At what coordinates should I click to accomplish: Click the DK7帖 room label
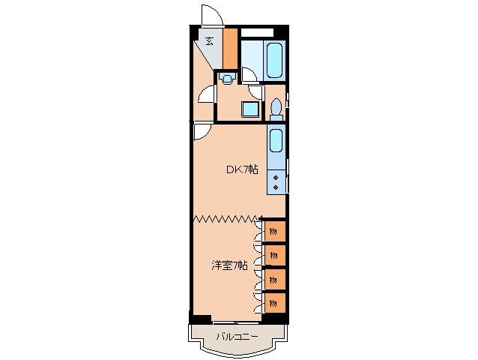click(x=242, y=170)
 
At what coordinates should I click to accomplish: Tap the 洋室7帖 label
click(x=229, y=265)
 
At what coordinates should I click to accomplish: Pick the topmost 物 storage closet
click(x=273, y=230)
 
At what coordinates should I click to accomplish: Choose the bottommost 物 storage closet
click(x=273, y=302)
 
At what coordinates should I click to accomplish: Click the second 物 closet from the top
click(x=273, y=254)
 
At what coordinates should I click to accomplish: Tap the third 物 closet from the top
click(x=273, y=278)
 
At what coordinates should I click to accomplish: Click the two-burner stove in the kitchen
click(x=276, y=181)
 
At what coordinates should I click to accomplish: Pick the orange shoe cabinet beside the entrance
click(x=230, y=47)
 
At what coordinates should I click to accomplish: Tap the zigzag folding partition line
click(x=225, y=219)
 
